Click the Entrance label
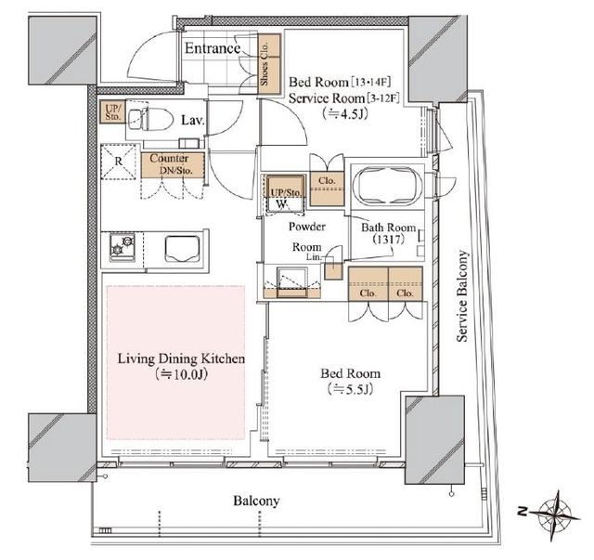pyautogui.click(x=213, y=48)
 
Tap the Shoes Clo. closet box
pyautogui.click(x=269, y=64)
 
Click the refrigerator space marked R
pyautogui.click(x=118, y=162)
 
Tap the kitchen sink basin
pyautogui.click(x=182, y=249)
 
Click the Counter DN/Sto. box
pyautogui.click(x=173, y=165)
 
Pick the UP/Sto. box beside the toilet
pyautogui.click(x=112, y=111)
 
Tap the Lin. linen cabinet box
pyautogui.click(x=333, y=270)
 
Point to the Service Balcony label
pyautogui.click(x=462, y=296)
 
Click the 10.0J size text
pyautogui.click(x=181, y=375)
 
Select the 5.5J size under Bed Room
pyautogui.click(x=351, y=389)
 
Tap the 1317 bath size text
pyautogui.click(x=388, y=240)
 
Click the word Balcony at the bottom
pyautogui.click(x=256, y=501)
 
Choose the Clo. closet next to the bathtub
pyautogui.click(x=327, y=189)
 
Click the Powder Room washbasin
pyautogui.click(x=292, y=283)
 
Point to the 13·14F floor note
pyautogui.click(x=371, y=82)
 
